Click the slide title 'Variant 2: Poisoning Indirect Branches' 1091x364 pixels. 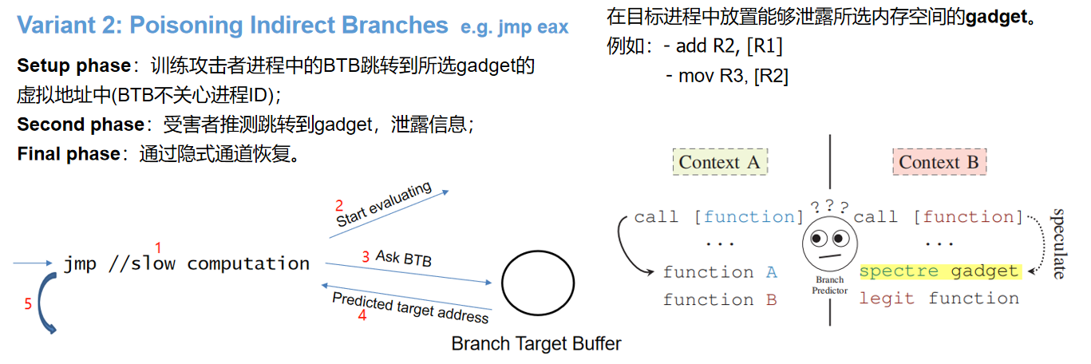point(232,26)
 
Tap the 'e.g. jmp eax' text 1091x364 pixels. point(515,27)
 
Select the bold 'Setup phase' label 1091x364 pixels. point(73,65)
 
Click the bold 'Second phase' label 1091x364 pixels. point(80,125)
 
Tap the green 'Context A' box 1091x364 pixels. point(720,162)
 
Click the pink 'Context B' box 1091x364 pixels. point(939,162)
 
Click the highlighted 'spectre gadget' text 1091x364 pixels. point(939,271)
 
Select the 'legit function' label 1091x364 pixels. point(939,299)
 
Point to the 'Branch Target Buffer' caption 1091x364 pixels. point(536,344)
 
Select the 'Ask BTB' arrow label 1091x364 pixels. point(404,257)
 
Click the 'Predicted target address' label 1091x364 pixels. point(410,307)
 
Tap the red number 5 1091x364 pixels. point(28,303)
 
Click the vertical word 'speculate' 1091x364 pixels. point(1058,243)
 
